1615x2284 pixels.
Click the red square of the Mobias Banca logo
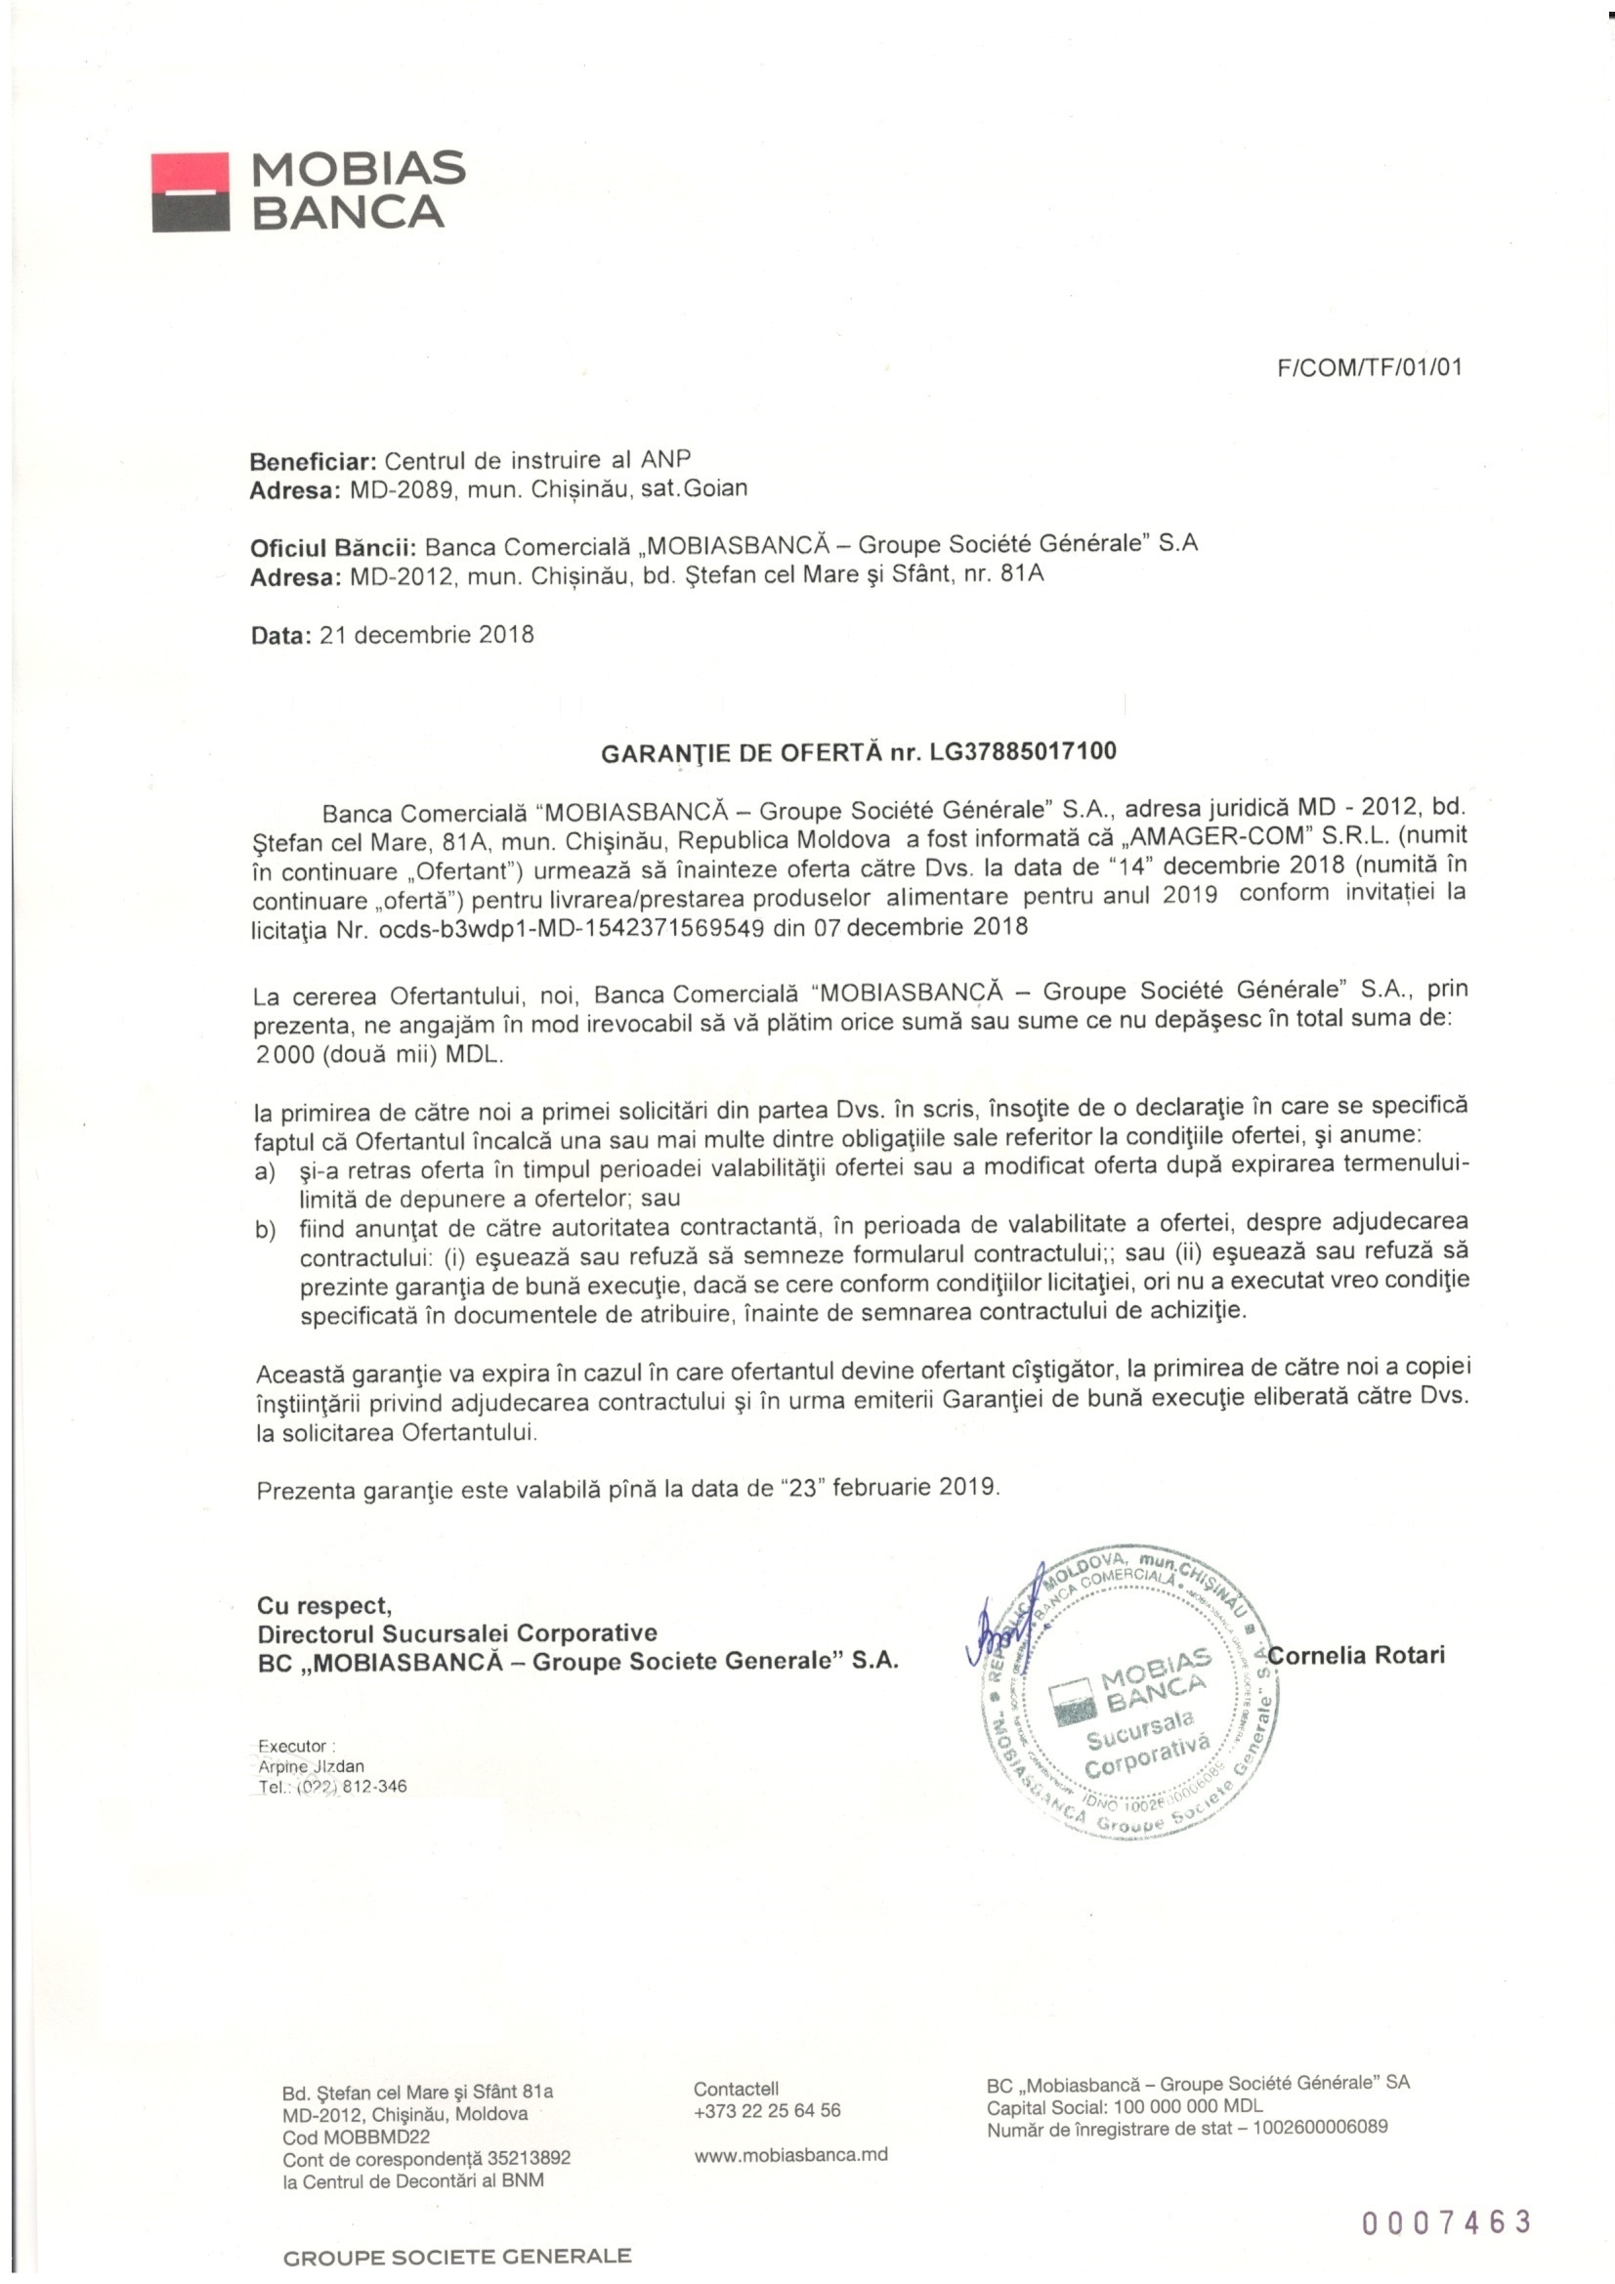[x=191, y=172]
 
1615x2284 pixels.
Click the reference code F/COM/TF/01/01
[x=1369, y=368]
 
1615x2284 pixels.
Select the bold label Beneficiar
[x=313, y=461]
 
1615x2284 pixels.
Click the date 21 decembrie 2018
[x=427, y=635]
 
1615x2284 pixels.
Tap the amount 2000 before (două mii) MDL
[x=284, y=1055]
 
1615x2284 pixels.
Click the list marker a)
[x=265, y=1172]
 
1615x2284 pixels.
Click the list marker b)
[x=265, y=1232]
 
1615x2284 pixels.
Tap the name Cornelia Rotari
[x=1356, y=1655]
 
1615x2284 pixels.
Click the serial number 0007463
[x=1446, y=2221]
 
